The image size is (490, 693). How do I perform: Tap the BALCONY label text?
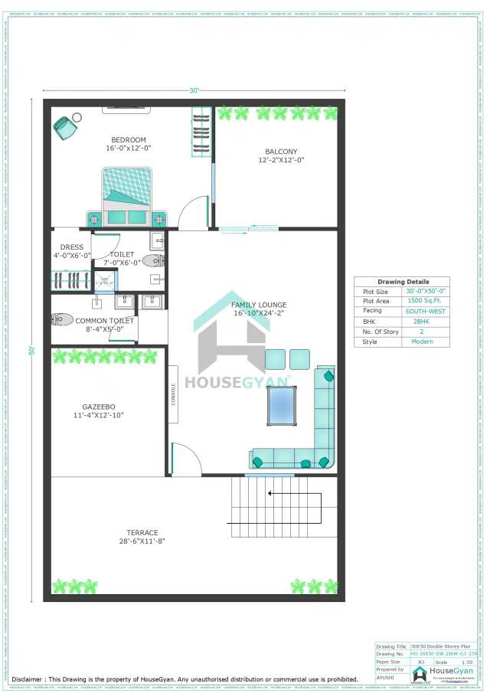tap(281, 152)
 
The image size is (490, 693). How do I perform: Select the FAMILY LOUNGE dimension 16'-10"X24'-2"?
tap(259, 313)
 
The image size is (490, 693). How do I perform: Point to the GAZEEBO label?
tap(99, 407)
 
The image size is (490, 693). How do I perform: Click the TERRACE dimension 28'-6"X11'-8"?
tap(142, 541)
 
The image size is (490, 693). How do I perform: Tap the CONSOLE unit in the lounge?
tap(174, 394)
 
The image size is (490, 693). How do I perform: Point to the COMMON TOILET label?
tap(104, 321)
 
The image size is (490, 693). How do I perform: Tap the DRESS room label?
tap(72, 247)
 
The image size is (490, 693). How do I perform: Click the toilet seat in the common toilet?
tap(63, 319)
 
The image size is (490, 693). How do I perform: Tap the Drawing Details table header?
tap(403, 282)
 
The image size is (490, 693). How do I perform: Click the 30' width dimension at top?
tap(194, 90)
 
